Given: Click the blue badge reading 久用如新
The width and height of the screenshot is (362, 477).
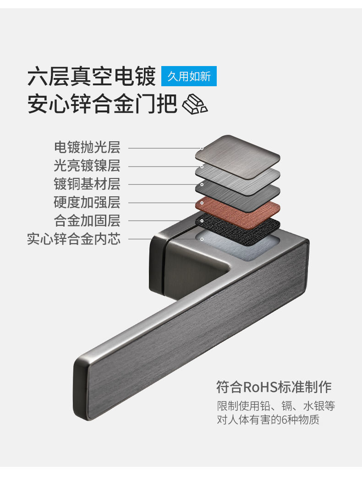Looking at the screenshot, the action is point(189,76).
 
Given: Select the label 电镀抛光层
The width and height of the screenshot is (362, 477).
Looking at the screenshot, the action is point(87,147).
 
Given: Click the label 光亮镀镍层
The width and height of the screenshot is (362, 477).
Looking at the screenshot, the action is point(87,166).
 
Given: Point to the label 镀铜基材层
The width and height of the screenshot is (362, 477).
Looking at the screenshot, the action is point(87,184).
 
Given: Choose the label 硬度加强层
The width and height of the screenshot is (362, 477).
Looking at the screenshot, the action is point(87,202).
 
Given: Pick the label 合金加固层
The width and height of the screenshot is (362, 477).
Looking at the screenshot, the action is point(87,220).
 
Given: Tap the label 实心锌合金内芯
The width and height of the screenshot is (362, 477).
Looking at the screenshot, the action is point(74,238).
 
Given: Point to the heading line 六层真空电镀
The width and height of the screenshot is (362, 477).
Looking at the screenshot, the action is point(92,77).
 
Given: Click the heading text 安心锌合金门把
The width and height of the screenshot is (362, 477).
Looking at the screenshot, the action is point(102,104).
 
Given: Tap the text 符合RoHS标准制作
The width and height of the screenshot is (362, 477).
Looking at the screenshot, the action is point(274,387).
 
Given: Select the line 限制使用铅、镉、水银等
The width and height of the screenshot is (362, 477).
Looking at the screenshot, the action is point(275,406).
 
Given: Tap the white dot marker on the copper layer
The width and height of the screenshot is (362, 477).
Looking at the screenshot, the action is point(202,202).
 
